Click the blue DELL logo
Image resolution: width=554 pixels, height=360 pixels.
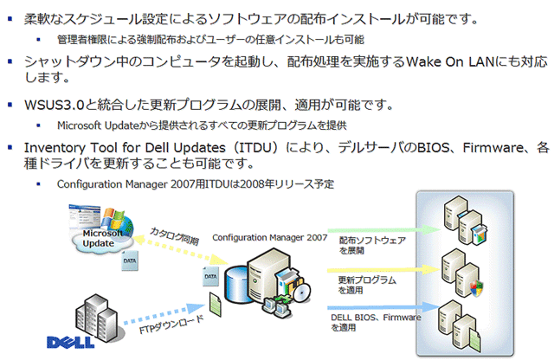point(71,342)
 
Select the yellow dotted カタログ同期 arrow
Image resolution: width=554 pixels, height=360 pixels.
point(180,250)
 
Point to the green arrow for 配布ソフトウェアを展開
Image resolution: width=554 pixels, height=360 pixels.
point(384,230)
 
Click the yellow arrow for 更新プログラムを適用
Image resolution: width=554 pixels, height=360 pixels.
point(384,270)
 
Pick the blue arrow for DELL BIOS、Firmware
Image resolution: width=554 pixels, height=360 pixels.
point(384,307)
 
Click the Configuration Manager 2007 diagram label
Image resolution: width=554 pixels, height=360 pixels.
point(269,238)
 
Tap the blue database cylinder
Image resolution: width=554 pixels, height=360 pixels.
point(237,285)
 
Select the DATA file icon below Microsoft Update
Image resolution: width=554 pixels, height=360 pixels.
point(130,260)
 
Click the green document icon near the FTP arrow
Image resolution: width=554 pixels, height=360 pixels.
point(216,304)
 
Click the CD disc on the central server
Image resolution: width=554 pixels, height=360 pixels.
point(301,292)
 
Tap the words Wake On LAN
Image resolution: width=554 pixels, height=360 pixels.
point(450,62)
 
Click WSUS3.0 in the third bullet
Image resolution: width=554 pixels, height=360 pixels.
point(54,105)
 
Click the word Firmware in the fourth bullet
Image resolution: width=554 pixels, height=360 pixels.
point(493,148)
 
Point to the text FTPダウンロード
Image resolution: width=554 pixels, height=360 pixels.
point(171,325)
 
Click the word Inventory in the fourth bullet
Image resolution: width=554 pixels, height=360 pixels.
point(55,148)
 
